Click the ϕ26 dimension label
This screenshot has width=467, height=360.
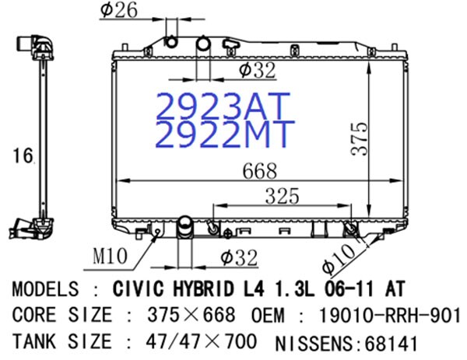click(x=119, y=10)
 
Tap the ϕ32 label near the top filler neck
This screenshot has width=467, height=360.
click(x=257, y=70)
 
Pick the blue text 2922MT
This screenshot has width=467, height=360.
click(x=225, y=134)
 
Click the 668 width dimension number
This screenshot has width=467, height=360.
click(x=260, y=171)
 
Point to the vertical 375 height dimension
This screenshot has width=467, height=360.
click(x=360, y=138)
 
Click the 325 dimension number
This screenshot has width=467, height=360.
click(x=282, y=196)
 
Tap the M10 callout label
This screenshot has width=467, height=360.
click(x=110, y=256)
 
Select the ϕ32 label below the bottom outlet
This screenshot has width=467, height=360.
click(x=239, y=257)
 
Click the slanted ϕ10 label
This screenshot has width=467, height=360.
click(x=339, y=257)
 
